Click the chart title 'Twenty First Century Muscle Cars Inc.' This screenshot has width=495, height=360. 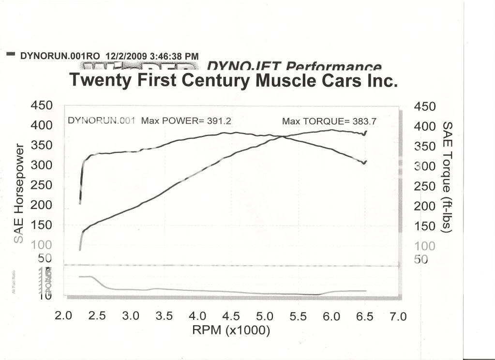(x=234, y=80)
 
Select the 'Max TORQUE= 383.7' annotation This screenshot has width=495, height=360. (x=329, y=121)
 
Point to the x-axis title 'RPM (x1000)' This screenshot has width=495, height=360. (x=231, y=331)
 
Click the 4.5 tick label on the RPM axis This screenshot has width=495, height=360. (x=231, y=316)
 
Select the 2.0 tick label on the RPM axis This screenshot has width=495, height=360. (x=63, y=316)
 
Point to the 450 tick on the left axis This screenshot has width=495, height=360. (x=41, y=105)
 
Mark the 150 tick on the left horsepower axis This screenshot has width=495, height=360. (x=41, y=225)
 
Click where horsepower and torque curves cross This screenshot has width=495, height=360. (x=283, y=137)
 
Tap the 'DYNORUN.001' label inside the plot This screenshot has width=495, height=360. (x=101, y=120)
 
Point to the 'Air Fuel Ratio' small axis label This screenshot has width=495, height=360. (x=14, y=283)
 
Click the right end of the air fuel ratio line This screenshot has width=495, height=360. (x=365, y=291)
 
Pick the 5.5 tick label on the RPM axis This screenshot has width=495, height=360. (x=298, y=316)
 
